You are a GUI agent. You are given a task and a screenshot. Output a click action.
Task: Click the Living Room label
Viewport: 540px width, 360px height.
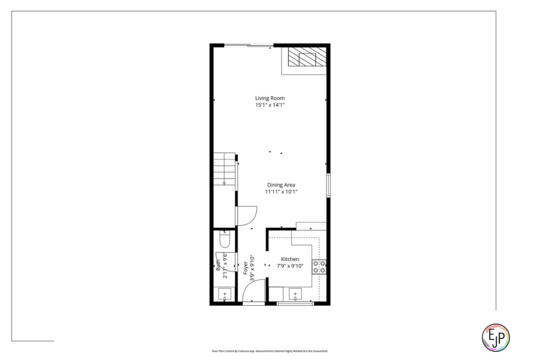pyautogui.click(x=270, y=98)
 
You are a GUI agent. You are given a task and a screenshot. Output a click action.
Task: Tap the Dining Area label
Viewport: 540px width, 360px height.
pyautogui.click(x=281, y=185)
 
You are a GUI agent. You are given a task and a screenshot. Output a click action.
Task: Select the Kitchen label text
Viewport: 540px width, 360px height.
pyautogui.click(x=290, y=259)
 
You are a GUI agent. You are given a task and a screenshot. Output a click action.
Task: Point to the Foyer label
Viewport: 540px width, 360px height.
pyautogui.click(x=246, y=268)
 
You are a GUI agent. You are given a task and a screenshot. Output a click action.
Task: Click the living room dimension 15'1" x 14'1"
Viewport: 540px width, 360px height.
pyautogui.click(x=270, y=105)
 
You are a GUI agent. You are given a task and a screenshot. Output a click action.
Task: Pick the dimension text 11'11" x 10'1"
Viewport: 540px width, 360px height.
pyautogui.click(x=281, y=192)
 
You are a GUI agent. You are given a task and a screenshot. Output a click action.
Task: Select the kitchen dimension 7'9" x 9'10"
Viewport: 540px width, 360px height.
pyautogui.click(x=290, y=266)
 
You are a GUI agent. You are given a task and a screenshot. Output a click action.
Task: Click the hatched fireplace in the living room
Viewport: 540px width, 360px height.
pyautogui.click(x=307, y=57)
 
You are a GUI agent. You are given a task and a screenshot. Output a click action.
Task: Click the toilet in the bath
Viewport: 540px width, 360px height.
pyautogui.click(x=225, y=240)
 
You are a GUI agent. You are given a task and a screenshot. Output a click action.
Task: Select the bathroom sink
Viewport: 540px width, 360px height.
pyautogui.click(x=225, y=294)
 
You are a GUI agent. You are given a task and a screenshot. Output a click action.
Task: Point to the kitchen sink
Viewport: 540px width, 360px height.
pyautogui.click(x=295, y=294)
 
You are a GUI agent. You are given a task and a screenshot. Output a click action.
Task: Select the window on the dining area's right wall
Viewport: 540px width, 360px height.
pyautogui.click(x=328, y=185)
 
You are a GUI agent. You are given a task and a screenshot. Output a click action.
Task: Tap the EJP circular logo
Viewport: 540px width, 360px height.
pyautogui.click(x=496, y=337)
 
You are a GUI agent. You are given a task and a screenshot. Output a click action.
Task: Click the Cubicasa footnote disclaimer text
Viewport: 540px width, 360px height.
pyautogui.click(x=270, y=351)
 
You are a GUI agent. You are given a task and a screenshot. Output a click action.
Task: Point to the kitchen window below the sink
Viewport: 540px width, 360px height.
pyautogui.click(x=295, y=303)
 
